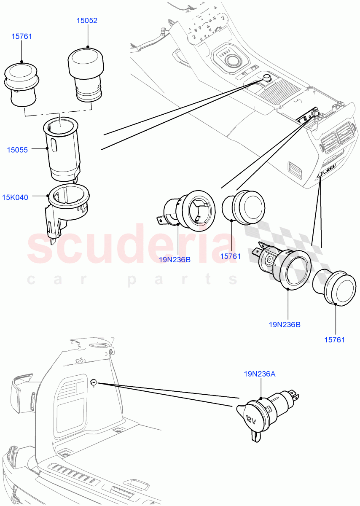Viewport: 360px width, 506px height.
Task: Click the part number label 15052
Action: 87,20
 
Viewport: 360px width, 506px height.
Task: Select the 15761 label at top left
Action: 21,36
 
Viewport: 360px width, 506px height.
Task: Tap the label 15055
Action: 17,150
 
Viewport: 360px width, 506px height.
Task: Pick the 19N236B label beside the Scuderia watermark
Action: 175,260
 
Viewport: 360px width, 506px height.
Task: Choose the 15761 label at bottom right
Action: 335,340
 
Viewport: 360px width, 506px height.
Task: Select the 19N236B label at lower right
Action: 284,325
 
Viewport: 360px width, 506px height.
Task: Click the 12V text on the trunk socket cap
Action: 250,420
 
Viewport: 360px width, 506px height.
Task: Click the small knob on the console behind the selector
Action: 266,77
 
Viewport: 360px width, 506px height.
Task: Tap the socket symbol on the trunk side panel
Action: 94,382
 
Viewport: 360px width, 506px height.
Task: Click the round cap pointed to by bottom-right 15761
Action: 335,288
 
